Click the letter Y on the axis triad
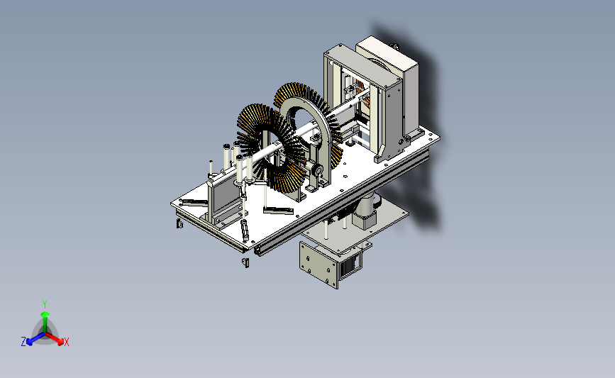pyautogui.click(x=45, y=304)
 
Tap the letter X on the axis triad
pyautogui.click(x=67, y=342)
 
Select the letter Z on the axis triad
pyautogui.click(x=23, y=342)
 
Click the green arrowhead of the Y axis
pyautogui.click(x=45, y=314)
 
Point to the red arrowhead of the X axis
pyautogui.click(x=60, y=342)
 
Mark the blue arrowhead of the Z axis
pyautogui.click(x=29, y=343)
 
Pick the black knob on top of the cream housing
pyautogui.click(x=395, y=47)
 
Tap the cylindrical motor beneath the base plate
pyautogui.click(x=366, y=210)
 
